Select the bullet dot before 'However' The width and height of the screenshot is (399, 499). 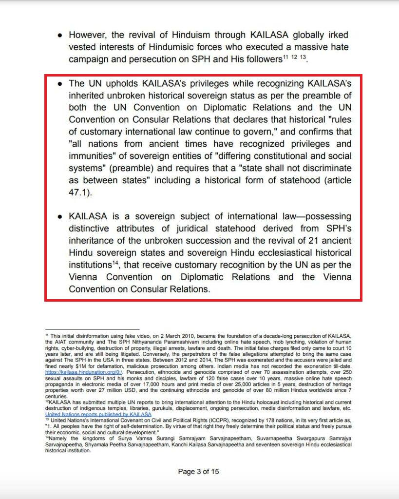point(59,36)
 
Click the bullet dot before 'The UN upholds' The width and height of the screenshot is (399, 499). point(59,83)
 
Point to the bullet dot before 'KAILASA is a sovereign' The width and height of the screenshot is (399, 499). point(59,217)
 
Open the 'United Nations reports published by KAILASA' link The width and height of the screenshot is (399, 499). point(97,414)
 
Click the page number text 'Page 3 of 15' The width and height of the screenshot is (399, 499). point(199,471)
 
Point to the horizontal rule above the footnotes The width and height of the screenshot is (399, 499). point(92,329)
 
